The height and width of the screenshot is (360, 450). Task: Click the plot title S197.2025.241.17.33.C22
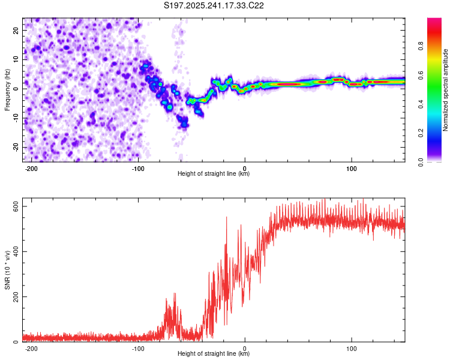(214, 6)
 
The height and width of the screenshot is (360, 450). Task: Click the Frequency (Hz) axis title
(7, 89)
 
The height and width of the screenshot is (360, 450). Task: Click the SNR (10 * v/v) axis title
(7, 271)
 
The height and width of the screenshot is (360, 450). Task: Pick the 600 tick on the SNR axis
(15, 205)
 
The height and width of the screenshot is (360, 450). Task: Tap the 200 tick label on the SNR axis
(15, 296)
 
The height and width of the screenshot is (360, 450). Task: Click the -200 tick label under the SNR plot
(32, 348)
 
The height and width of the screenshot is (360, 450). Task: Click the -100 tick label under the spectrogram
(138, 168)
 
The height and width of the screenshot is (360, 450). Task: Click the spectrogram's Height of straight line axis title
(214, 174)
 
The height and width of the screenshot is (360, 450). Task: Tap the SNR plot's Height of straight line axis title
(214, 354)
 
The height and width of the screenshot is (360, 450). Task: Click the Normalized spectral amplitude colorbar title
(446, 90)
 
